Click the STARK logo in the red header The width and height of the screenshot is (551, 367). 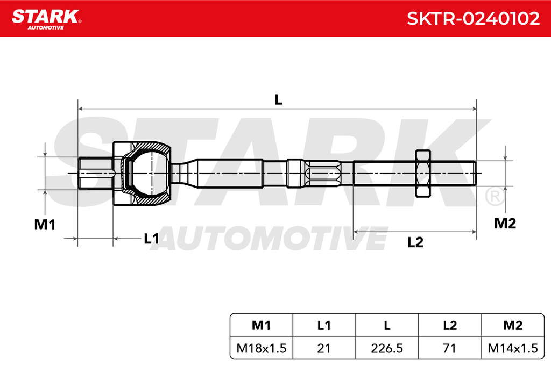(x=46, y=19)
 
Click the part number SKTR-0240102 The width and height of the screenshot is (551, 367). (x=473, y=18)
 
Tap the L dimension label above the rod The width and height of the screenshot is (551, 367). (x=278, y=100)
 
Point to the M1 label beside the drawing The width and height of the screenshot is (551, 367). (x=45, y=225)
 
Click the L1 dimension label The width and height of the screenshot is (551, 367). (x=151, y=239)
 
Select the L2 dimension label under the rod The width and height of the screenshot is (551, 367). (x=415, y=242)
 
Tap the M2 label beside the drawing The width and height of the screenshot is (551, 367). (x=505, y=223)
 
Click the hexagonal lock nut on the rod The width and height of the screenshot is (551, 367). (x=423, y=174)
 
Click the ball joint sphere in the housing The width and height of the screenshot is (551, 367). (x=151, y=174)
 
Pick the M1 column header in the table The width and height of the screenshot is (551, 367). (x=262, y=326)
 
